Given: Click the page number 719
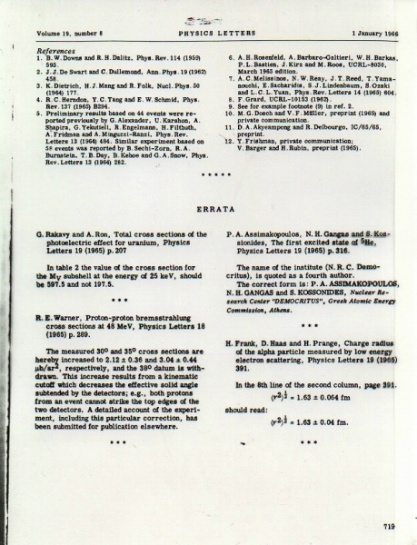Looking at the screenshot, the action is [390, 526].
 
